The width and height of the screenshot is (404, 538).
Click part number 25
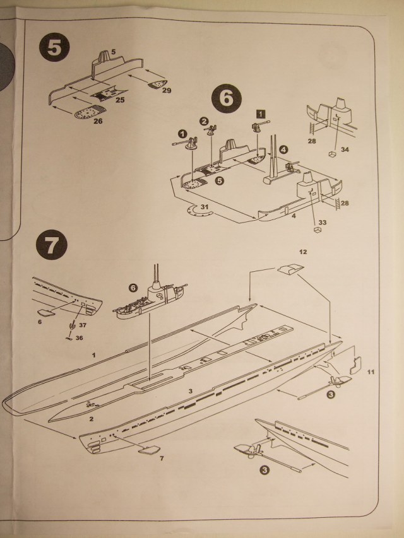(x=120, y=100)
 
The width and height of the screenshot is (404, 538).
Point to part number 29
(x=166, y=91)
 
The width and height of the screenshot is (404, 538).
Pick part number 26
(x=97, y=121)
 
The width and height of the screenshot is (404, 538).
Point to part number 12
(x=303, y=252)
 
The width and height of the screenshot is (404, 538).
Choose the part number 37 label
(x=83, y=325)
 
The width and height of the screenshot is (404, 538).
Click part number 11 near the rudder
(x=371, y=371)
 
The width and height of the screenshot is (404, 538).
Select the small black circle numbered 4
(x=283, y=149)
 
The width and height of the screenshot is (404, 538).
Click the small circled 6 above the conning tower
(x=133, y=288)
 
